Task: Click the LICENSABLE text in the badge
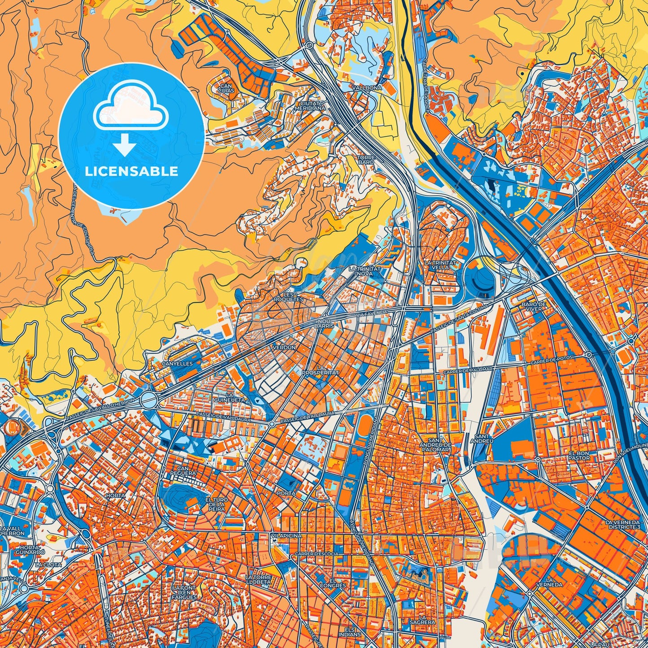131,171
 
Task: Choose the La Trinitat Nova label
365,271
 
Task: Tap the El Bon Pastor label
579,456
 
